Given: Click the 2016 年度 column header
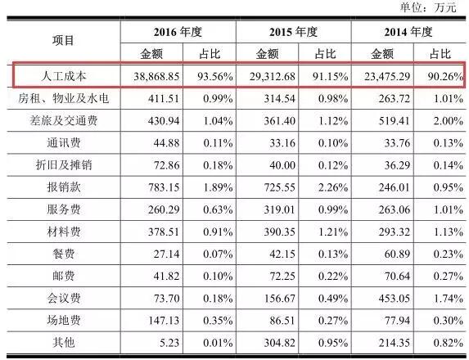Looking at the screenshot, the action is pos(178,32).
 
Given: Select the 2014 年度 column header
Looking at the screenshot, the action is pos(408,32).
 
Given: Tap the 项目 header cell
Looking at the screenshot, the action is pos(63,40).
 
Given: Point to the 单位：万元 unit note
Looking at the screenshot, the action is pos(428,7).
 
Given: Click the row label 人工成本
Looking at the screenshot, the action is pos(64,76).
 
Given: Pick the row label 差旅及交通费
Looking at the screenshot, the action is pos(64,120).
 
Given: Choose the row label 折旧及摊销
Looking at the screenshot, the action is pos(64,164).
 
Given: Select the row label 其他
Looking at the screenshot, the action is pos(63,342).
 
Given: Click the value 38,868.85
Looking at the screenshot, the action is pos(156,77).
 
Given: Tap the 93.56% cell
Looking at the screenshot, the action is pos(215,77).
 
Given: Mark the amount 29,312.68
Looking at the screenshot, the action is pos(273,77).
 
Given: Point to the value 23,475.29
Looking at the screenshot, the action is pos(387,77).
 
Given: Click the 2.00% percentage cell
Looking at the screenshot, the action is pos(449,121).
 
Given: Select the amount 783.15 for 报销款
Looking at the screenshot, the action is pos(164,187).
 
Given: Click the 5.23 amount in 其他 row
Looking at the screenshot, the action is pos(169,343).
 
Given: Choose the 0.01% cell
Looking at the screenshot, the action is pos(218,343).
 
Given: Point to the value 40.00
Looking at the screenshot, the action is pos(282,165).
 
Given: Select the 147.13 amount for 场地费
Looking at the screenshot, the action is pos(164,321).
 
